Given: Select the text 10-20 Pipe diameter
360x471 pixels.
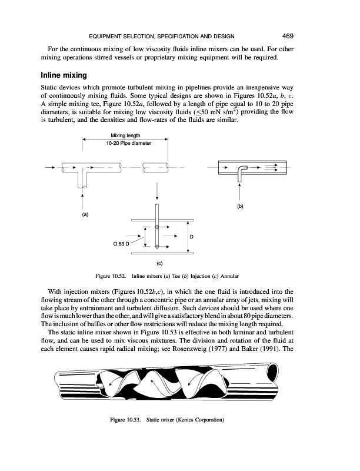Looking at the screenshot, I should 126,144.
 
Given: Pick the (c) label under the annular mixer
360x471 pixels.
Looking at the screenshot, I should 159,265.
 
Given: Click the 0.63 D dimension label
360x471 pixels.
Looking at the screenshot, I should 122,242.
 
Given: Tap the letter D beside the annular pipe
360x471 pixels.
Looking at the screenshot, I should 192,237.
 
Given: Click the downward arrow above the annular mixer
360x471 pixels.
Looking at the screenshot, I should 157,190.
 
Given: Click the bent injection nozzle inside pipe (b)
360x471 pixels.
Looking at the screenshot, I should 242,171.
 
